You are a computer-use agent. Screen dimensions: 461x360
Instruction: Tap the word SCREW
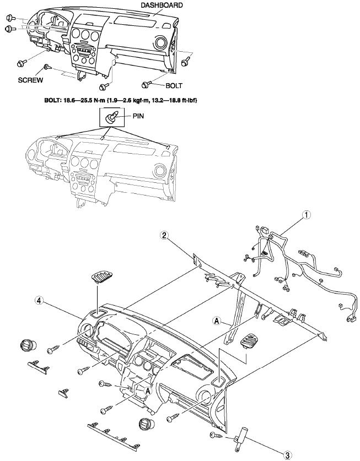30,79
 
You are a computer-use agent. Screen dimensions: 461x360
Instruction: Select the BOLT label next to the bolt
173,86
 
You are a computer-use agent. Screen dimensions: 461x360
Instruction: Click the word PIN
138,117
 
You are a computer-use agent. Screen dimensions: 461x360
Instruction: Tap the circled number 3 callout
287,454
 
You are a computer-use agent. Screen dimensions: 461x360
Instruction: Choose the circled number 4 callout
39,301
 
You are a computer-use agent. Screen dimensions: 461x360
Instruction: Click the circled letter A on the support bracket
217,320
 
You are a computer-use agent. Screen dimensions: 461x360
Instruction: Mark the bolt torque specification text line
120,101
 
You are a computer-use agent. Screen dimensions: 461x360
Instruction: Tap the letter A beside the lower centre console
148,389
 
